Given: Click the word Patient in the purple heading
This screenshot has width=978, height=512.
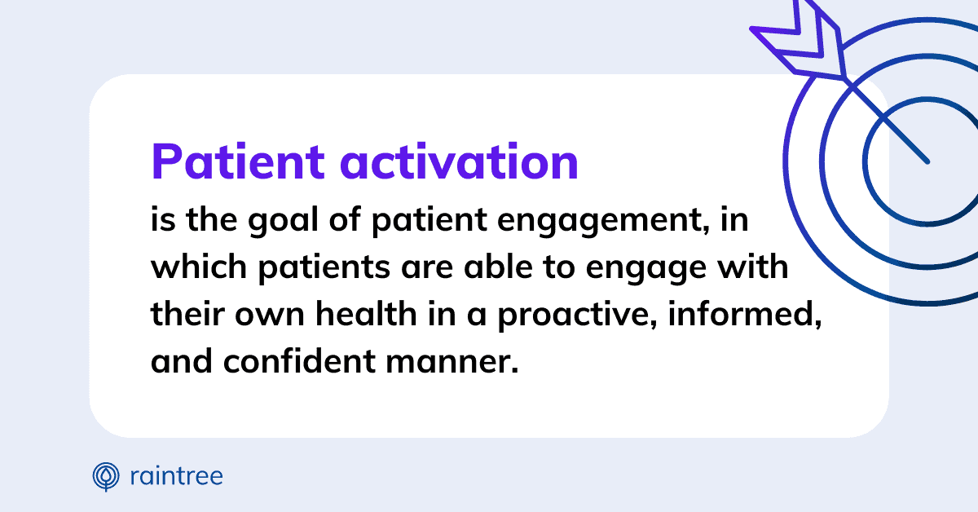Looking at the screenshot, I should pyautogui.click(x=237, y=162).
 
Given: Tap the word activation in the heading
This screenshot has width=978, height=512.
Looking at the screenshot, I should pyautogui.click(x=460, y=162).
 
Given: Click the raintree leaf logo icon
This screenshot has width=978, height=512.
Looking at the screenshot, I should pyautogui.click(x=106, y=476).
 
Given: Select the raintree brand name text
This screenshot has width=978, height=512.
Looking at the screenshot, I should pyautogui.click(x=176, y=476).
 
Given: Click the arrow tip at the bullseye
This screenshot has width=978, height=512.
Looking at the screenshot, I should pyautogui.click(x=926, y=161).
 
